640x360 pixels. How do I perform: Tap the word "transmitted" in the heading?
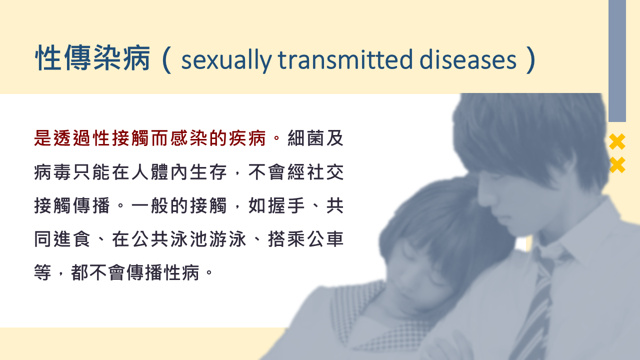[345, 59]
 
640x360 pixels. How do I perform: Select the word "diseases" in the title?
[467, 59]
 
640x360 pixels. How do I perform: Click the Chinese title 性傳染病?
[92, 58]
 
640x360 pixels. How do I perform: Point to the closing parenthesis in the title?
[531, 59]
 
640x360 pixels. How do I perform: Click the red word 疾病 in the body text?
[247, 138]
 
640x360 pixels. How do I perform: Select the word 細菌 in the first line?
[305, 138]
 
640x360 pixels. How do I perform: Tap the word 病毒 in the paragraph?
[52, 172]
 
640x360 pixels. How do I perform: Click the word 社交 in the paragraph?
[325, 172]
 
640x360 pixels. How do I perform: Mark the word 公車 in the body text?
[325, 239]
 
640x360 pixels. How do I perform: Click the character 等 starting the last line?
[43, 272]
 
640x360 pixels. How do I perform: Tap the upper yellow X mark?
[617, 141]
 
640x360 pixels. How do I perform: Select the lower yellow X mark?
[617, 165]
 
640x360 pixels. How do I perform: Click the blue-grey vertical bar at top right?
[617, 61]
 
